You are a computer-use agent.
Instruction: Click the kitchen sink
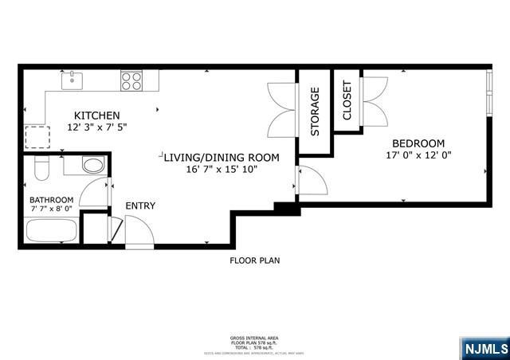(73, 78)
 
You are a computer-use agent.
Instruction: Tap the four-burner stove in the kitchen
(131, 80)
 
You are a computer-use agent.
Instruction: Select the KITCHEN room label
(97, 115)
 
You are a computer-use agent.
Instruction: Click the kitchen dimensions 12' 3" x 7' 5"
(97, 127)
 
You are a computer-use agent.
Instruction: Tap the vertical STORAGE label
(315, 112)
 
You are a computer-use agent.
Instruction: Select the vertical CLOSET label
(347, 101)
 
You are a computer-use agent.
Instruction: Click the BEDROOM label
(418, 143)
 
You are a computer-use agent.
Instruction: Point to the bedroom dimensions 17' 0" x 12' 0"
(418, 155)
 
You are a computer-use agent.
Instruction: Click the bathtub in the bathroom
(51, 231)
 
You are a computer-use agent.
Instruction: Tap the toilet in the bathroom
(42, 168)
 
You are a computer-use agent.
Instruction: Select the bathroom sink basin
(92, 166)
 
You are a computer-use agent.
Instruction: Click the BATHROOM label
(51, 200)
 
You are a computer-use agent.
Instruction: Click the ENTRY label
(140, 206)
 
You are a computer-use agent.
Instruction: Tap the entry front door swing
(140, 233)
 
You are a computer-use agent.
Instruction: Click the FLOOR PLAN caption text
(254, 260)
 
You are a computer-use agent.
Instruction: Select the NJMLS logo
(484, 348)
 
